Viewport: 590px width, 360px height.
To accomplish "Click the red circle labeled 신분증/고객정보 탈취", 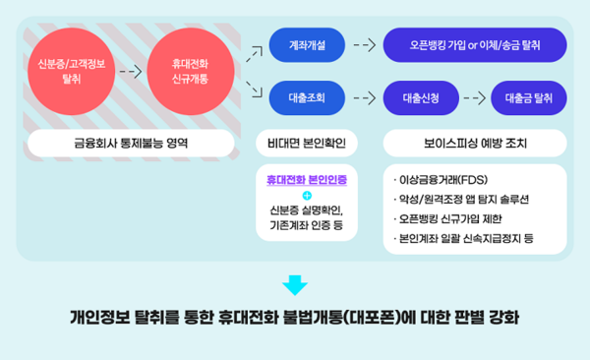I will pyautogui.click(x=70, y=71).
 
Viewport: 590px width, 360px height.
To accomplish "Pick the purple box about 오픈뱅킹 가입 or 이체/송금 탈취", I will pyautogui.click(x=475, y=45).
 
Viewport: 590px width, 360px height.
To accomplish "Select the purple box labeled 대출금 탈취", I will pyautogui.click(x=528, y=98).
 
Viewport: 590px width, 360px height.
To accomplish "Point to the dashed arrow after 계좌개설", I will pyautogui.click(x=363, y=45).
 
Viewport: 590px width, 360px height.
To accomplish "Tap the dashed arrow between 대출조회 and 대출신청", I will pyautogui.click(x=363, y=98).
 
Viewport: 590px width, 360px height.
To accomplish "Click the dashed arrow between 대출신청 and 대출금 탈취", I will pyautogui.click(x=476, y=98).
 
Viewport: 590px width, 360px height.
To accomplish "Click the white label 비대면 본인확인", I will pyautogui.click(x=306, y=144).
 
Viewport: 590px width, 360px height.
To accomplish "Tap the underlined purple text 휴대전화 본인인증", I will pyautogui.click(x=306, y=180).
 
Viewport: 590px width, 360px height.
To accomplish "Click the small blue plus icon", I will pyautogui.click(x=306, y=195).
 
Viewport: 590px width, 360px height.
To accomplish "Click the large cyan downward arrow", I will pyautogui.click(x=294, y=286).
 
